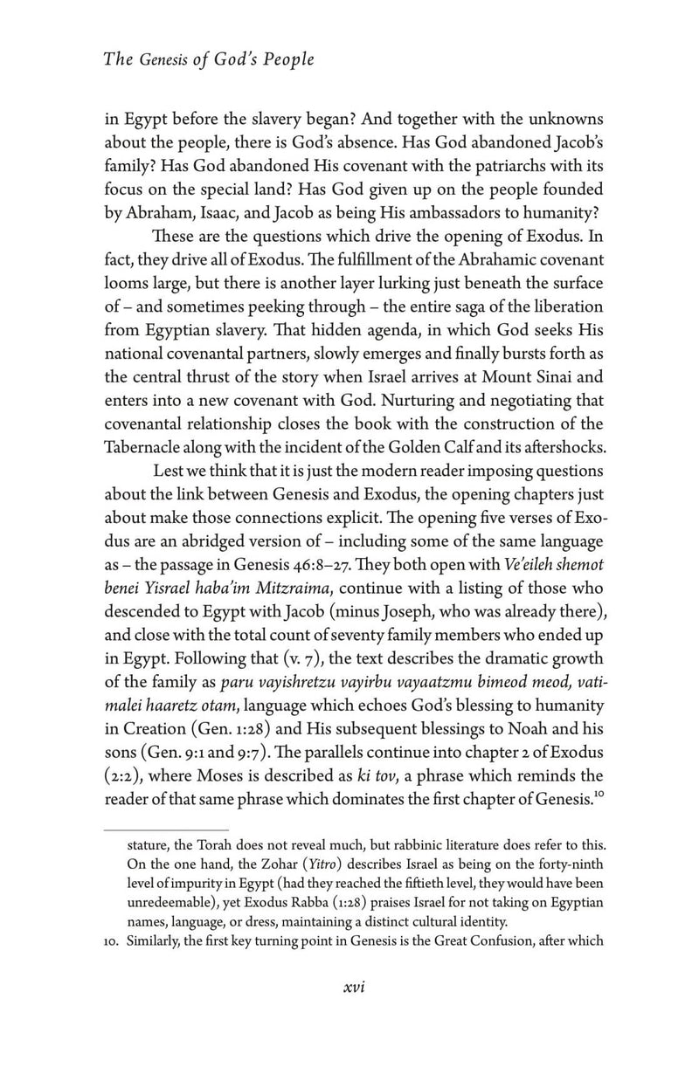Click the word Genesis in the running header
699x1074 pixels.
tap(163, 59)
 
